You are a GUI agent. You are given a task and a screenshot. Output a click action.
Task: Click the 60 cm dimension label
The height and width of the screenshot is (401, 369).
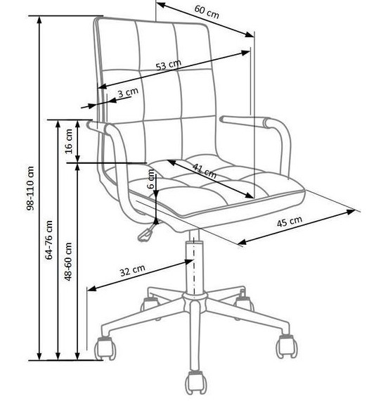(x=207, y=12)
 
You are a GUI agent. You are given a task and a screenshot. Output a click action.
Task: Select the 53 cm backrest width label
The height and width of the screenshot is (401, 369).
(x=169, y=65)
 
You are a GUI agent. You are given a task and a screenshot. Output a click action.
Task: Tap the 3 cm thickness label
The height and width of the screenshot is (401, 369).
(x=128, y=92)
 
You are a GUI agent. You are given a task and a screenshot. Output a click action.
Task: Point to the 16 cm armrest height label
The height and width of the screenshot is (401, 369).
(x=69, y=141)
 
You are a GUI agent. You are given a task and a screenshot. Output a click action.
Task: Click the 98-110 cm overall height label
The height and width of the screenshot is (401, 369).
(x=30, y=189)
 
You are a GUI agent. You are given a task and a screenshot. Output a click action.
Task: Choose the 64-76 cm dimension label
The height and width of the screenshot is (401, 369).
(x=48, y=240)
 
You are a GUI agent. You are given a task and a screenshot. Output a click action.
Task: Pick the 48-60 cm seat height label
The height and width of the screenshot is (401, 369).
(x=68, y=262)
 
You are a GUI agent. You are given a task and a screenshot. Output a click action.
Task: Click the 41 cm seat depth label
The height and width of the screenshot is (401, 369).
(x=205, y=171)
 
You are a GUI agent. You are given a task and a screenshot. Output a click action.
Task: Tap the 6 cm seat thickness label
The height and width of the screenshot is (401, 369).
(x=152, y=179)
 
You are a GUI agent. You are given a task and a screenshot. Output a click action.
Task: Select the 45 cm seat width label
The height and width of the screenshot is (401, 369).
(x=290, y=222)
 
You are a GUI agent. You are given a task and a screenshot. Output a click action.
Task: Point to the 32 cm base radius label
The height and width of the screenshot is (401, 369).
(x=133, y=271)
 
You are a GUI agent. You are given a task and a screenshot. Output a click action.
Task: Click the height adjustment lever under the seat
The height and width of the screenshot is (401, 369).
(x=147, y=231)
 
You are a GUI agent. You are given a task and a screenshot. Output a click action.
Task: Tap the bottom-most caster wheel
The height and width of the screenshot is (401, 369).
(x=196, y=382)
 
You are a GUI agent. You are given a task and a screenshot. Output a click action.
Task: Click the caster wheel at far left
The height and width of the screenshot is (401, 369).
(x=105, y=348)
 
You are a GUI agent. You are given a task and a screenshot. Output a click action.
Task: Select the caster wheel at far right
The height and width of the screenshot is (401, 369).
(x=287, y=346)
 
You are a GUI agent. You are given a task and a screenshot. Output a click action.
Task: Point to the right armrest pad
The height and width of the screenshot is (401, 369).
(x=245, y=121)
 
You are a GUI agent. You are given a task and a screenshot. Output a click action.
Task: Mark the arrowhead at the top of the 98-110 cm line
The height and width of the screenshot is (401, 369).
(x=39, y=20)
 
